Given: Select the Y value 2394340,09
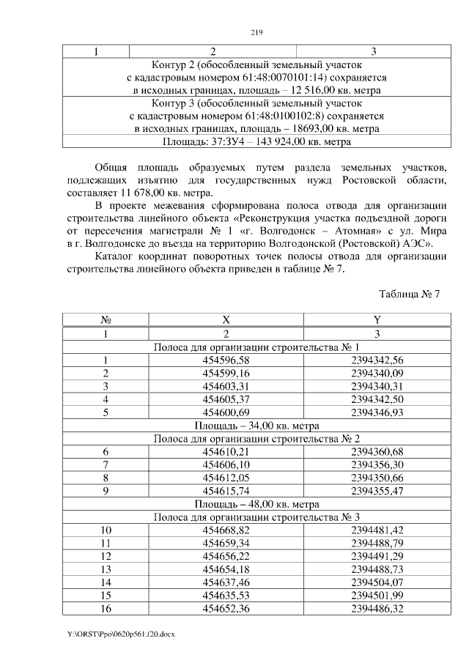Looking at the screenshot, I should (377, 373).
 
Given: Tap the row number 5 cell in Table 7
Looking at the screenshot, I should (106, 412).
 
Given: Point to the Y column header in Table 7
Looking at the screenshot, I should (377, 320).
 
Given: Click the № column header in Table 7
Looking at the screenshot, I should (106, 320).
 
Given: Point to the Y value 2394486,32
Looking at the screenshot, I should (377, 609).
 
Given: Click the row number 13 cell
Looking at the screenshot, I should (106, 569).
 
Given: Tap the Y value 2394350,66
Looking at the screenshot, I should (377, 478).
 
